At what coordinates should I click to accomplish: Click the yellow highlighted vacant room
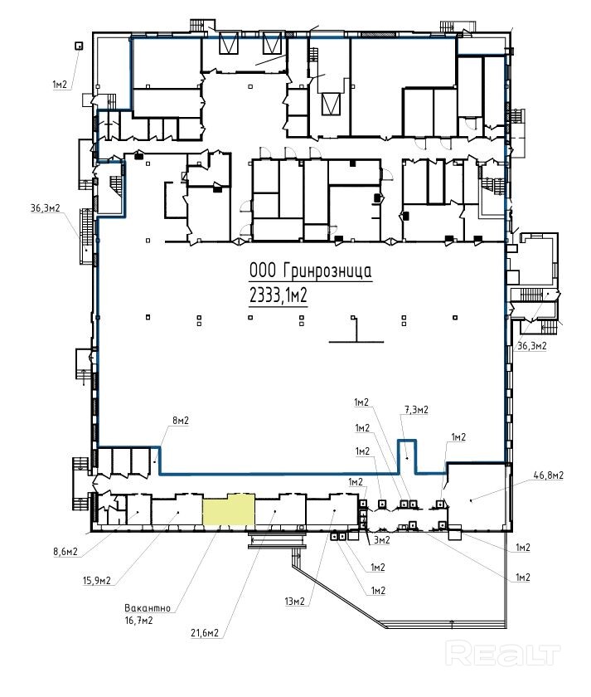pos(228,509)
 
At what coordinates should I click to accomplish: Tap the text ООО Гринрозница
pos(310,271)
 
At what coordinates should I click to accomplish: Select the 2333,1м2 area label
pos(279,295)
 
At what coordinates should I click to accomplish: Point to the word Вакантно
pos(148,607)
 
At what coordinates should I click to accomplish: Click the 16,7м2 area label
pos(139,620)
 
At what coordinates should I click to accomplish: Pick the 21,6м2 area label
pos(205,633)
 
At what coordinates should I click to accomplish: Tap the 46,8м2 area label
pos(549,475)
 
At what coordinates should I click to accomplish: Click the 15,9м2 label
pos(97,581)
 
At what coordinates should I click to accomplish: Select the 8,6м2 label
pos(65,552)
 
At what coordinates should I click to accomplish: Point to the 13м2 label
pos(295,602)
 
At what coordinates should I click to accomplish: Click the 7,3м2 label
pos(416,409)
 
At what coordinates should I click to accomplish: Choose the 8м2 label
pos(180,421)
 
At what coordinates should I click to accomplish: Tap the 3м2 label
pos(381,539)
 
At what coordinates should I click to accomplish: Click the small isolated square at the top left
pos(79,46)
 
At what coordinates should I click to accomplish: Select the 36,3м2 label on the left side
pos(46,208)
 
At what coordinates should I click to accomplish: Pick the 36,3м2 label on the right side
pos(532,345)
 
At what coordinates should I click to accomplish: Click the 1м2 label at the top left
pos(61,84)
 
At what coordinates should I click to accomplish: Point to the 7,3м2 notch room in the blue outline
pos(407,456)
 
